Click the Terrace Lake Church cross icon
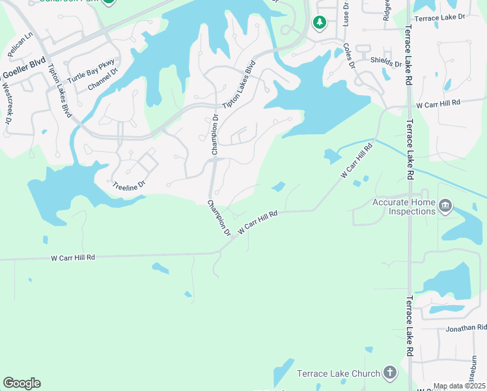tap(389, 373)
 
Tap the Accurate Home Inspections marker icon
tap(445, 207)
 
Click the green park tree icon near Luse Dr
tap(319, 23)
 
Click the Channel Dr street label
tap(101, 80)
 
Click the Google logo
tap(21, 383)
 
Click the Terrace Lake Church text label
tap(338, 373)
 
